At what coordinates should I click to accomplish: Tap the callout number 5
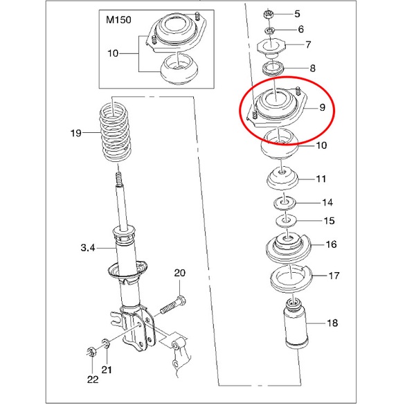pyautogui.click(x=298, y=14)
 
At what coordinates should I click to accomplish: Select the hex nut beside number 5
pyautogui.click(x=269, y=14)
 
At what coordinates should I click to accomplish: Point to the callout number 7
pyautogui.click(x=309, y=46)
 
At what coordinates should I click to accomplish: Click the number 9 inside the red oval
pyautogui.click(x=321, y=107)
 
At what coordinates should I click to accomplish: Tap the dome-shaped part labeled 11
pyautogui.click(x=282, y=181)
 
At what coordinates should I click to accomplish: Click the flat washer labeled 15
pyautogui.click(x=283, y=221)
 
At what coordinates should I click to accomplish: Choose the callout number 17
pyautogui.click(x=334, y=276)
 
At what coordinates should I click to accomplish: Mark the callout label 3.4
pyautogui.click(x=89, y=247)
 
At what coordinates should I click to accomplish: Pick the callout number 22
pyautogui.click(x=93, y=379)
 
